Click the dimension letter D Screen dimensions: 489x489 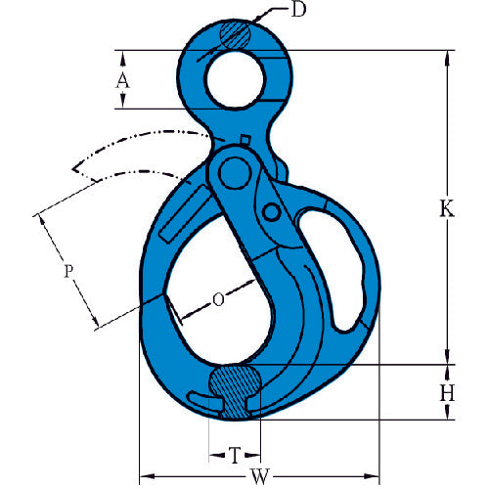pos(299,12)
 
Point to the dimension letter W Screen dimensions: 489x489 pos(258,478)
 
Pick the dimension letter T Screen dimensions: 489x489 pos(234,455)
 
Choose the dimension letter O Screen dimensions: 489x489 pos(217,300)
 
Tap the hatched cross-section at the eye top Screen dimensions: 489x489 pos(237,35)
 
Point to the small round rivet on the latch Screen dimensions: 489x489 pos(274,212)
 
